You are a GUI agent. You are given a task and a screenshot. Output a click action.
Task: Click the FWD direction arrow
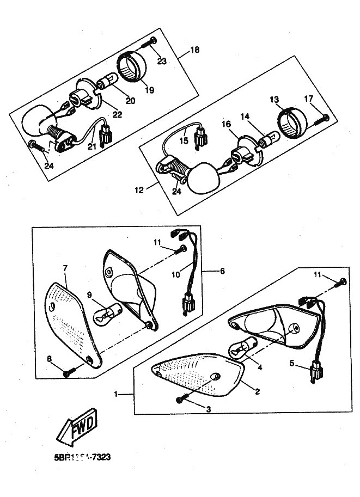pos(77,425)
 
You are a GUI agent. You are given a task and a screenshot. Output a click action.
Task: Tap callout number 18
pos(195,50)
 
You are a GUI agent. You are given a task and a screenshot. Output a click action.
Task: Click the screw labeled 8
pos(67,372)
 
